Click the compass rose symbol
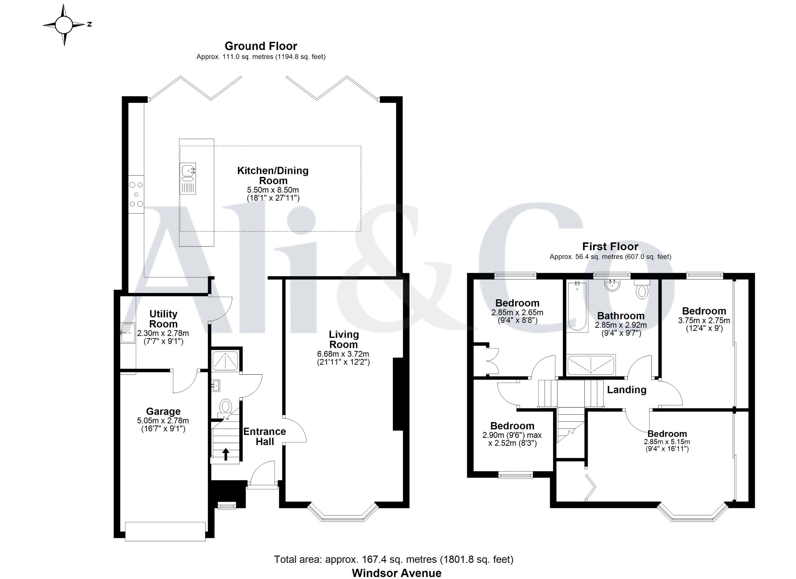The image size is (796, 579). (64, 25)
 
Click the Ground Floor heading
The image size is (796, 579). (261, 46)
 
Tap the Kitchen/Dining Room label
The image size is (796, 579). (273, 176)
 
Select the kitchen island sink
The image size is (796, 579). (188, 179)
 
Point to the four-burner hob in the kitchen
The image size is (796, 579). (136, 194)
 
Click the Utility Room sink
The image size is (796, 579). (128, 332)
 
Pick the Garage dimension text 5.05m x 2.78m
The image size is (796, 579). (163, 420)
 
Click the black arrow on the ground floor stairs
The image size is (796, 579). (226, 454)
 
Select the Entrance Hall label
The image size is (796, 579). (265, 436)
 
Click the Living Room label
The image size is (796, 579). (344, 339)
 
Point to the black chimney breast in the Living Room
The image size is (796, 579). (398, 394)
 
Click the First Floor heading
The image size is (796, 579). (610, 246)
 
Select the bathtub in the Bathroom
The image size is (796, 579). (577, 307)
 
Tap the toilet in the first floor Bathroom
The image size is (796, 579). (642, 289)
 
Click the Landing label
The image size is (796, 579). (627, 390)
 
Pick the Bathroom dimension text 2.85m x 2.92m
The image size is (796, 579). (621, 325)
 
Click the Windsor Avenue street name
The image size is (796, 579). (397, 573)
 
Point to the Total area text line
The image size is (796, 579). (393, 559)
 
